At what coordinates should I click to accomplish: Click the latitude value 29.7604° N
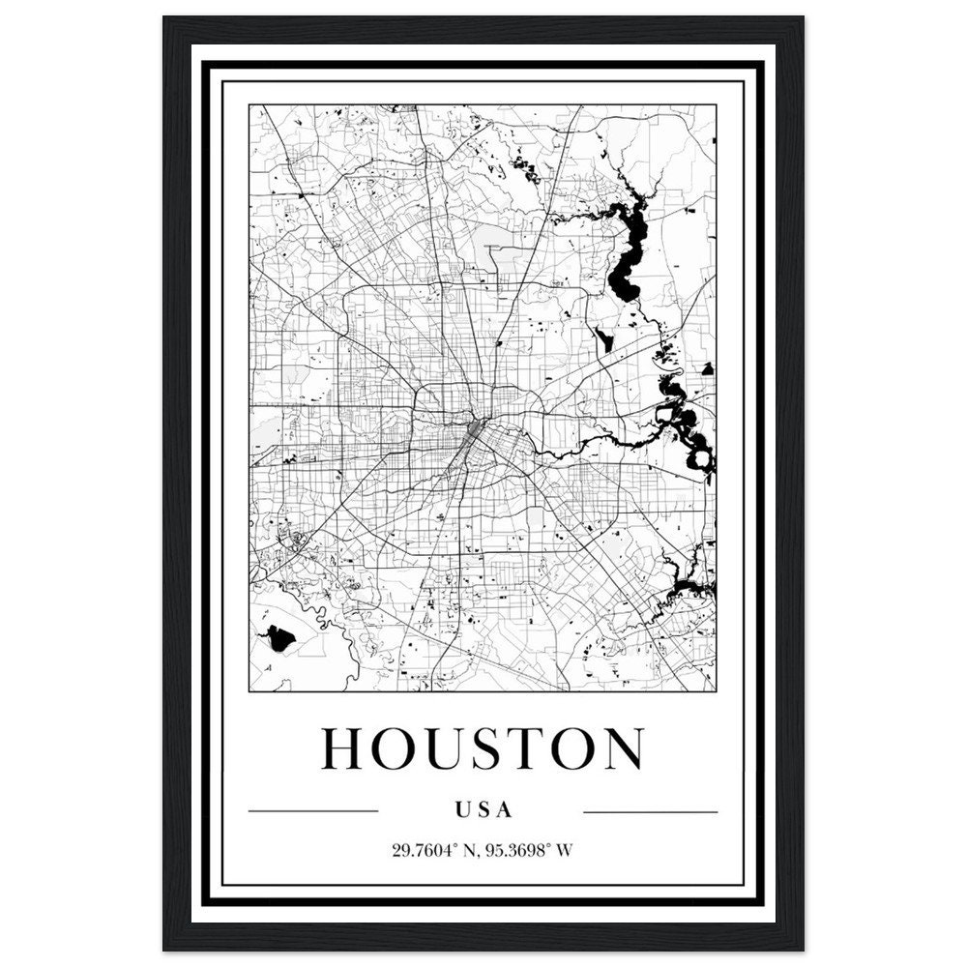(434, 851)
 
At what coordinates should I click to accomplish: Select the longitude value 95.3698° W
(526, 851)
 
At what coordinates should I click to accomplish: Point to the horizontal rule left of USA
(312, 811)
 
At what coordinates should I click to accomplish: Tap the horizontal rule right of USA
(651, 811)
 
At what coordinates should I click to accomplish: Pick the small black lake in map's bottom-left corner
(279, 637)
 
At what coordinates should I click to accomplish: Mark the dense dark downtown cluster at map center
(476, 428)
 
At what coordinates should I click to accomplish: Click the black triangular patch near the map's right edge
(707, 368)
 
